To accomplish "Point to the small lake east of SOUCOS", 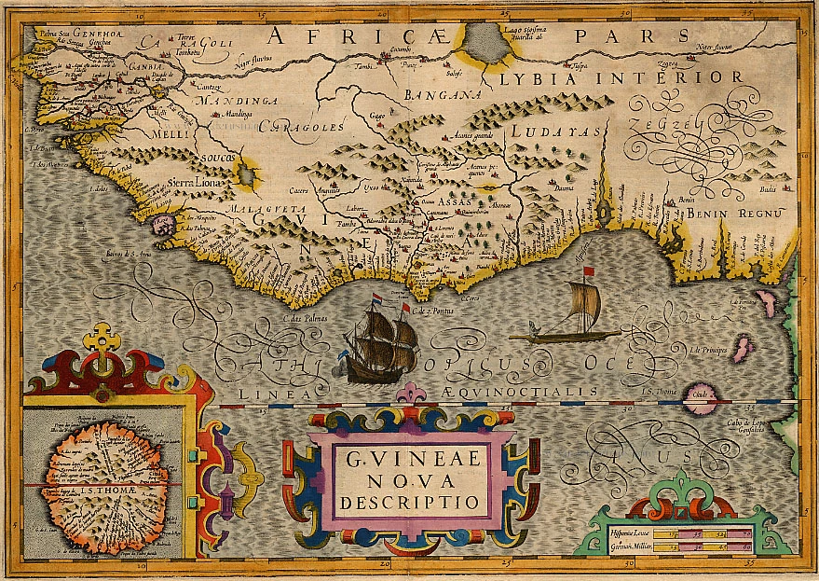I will [246, 172].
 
